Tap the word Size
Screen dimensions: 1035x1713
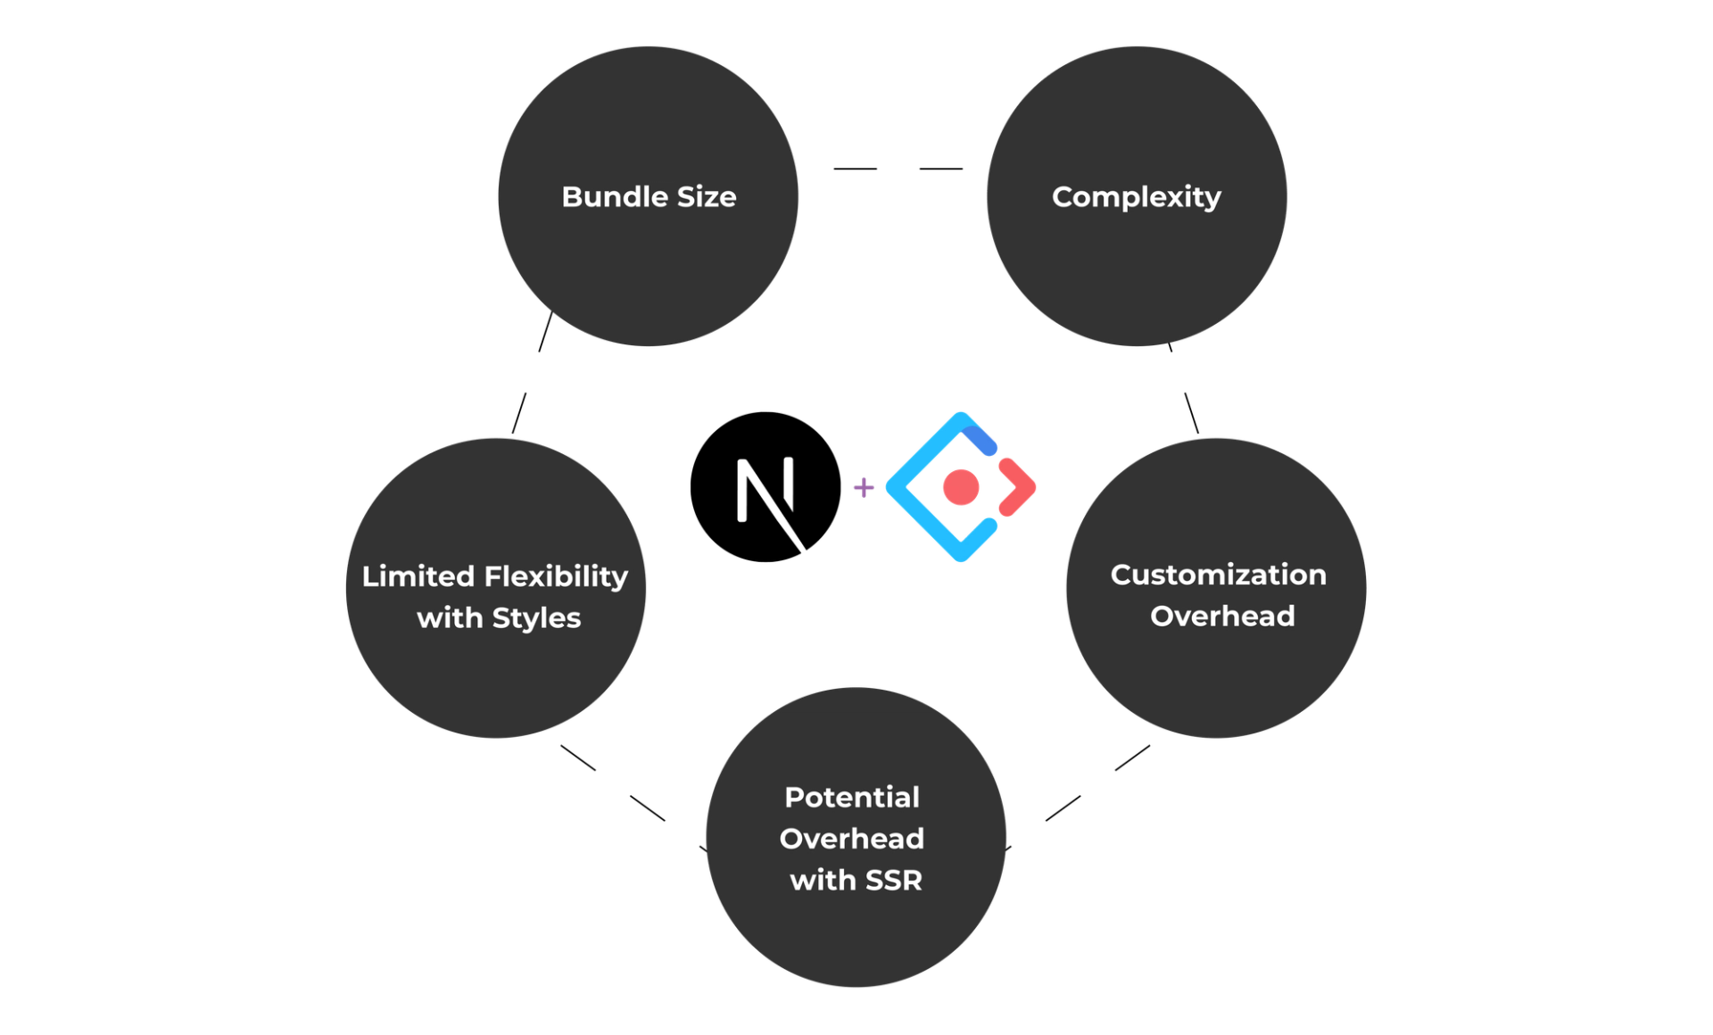[x=706, y=197]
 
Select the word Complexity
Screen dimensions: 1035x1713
[x=1136, y=197]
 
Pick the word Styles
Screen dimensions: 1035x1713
[x=535, y=617]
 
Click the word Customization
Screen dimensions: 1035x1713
[x=1218, y=575]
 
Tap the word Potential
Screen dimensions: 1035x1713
[x=851, y=797]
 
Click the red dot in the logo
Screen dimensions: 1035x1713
[x=961, y=487]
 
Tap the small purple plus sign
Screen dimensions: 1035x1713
[x=863, y=487]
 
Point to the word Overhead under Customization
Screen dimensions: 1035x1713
[x=1221, y=616]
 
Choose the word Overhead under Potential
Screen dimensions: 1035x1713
[x=851, y=839]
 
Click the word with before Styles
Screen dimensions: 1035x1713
[x=450, y=617]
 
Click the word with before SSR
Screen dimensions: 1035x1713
[x=823, y=881]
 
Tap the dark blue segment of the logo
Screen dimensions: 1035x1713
[x=981, y=439]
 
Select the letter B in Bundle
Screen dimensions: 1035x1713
[x=571, y=197]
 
